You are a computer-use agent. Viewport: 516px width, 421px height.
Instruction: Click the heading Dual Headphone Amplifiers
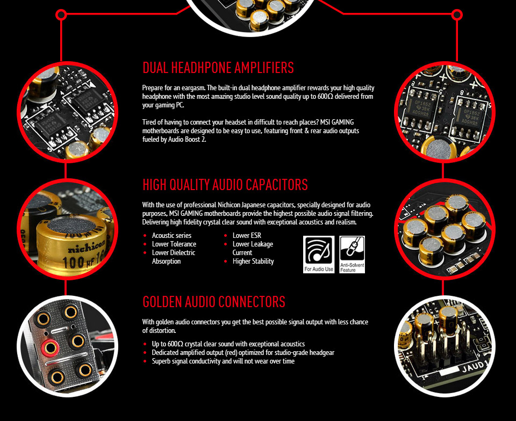pos(218,68)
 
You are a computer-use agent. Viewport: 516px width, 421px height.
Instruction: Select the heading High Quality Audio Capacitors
pos(225,185)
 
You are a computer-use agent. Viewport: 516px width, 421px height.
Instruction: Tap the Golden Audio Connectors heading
pos(213,302)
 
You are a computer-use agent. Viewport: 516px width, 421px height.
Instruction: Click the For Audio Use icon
pos(319,255)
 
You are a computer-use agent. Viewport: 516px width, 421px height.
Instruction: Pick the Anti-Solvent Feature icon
pos(352,255)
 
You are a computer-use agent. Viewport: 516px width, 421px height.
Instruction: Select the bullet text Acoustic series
pos(171,235)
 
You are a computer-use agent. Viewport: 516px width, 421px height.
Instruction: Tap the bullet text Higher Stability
pos(253,261)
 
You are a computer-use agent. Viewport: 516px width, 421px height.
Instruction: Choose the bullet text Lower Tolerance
pos(174,244)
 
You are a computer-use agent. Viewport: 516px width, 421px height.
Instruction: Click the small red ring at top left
pos(61,14)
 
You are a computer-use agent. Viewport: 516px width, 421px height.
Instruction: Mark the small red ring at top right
pos(457,14)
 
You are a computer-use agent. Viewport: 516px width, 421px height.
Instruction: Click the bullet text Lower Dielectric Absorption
pos(173,257)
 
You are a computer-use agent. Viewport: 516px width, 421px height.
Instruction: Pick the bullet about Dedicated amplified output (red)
pos(243,352)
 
